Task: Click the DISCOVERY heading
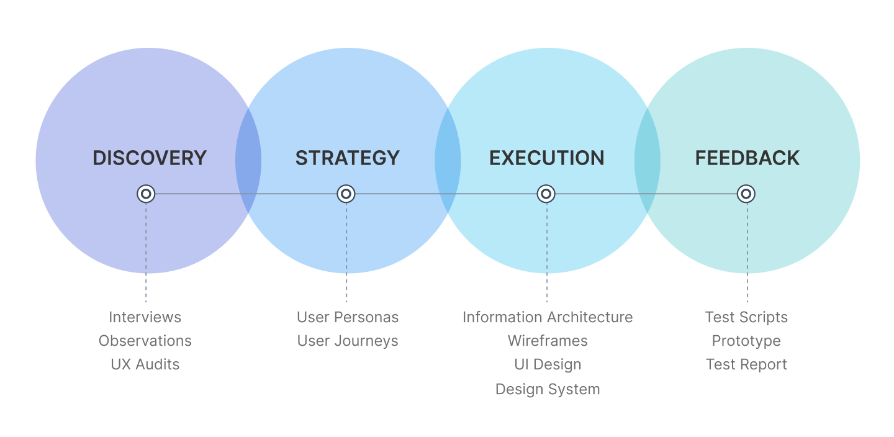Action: pyautogui.click(x=149, y=158)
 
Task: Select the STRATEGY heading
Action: pyautogui.click(x=348, y=158)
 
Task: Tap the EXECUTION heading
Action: pyautogui.click(x=547, y=158)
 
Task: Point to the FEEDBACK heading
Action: pyautogui.click(x=747, y=158)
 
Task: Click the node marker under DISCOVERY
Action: pyautogui.click(x=146, y=194)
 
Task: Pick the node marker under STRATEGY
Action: pyautogui.click(x=346, y=194)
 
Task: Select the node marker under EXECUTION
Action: pyautogui.click(x=546, y=194)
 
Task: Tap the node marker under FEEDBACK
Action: pyautogui.click(x=746, y=194)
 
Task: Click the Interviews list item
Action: pyautogui.click(x=145, y=317)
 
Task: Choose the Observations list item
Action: pyautogui.click(x=145, y=341)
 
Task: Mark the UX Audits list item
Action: pyautogui.click(x=145, y=364)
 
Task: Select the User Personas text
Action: pyautogui.click(x=348, y=317)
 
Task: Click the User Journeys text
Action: pyautogui.click(x=348, y=341)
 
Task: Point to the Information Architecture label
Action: pyautogui.click(x=548, y=317)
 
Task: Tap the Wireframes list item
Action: pyautogui.click(x=548, y=341)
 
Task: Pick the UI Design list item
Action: pyautogui.click(x=548, y=364)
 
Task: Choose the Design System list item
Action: pyautogui.click(x=548, y=389)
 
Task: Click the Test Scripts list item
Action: pyautogui.click(x=746, y=317)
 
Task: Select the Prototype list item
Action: pyautogui.click(x=746, y=341)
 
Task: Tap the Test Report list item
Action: pyautogui.click(x=746, y=364)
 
